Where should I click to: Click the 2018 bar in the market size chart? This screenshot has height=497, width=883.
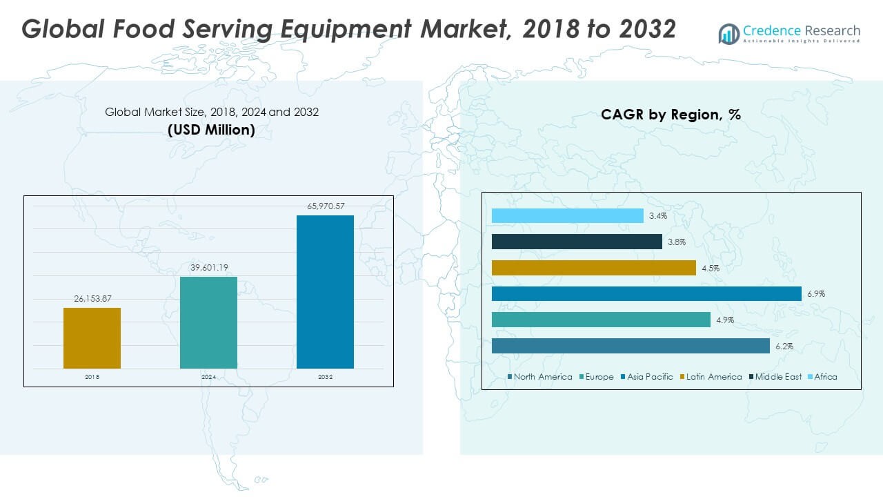(92, 338)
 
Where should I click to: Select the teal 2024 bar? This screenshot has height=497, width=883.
(208, 322)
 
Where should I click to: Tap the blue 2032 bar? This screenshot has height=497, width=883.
(325, 291)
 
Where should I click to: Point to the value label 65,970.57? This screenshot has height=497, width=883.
(325, 206)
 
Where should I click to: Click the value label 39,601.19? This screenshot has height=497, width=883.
(208, 267)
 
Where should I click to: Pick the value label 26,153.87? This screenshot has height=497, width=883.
(92, 298)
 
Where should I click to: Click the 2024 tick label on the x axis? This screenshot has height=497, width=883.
(208, 377)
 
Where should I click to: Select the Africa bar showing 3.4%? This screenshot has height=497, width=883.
(567, 216)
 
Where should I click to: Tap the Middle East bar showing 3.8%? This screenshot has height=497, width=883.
(577, 242)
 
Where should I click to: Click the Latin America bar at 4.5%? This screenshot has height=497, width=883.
(593, 268)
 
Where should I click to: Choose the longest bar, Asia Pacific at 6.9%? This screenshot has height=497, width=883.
(646, 294)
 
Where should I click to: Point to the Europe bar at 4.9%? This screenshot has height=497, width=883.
(601, 320)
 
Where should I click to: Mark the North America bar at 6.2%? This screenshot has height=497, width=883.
(631, 346)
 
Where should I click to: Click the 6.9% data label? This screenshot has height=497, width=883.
(815, 294)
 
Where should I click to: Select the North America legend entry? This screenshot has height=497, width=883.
(539, 377)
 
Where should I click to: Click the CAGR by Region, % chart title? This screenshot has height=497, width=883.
(671, 115)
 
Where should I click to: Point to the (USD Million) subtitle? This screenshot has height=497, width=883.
(211, 130)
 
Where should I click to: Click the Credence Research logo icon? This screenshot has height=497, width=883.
(728, 32)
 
